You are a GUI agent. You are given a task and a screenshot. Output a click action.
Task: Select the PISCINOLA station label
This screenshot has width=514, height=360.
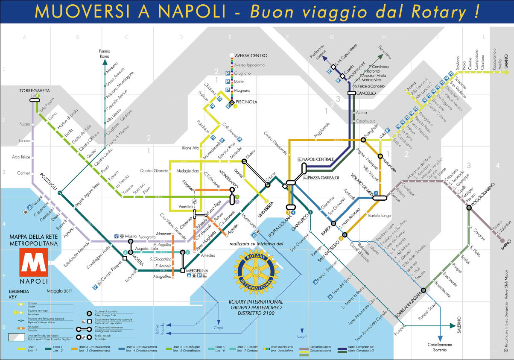point(245,102)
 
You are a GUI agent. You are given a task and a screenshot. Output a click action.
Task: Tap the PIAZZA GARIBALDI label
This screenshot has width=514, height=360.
point(323,177)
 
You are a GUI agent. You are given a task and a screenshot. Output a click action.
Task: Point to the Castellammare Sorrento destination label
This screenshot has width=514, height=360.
point(439,347)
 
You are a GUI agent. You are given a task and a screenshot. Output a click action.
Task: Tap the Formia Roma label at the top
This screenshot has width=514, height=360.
point(105,54)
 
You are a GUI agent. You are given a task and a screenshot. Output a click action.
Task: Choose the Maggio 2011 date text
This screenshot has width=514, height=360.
point(60,291)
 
